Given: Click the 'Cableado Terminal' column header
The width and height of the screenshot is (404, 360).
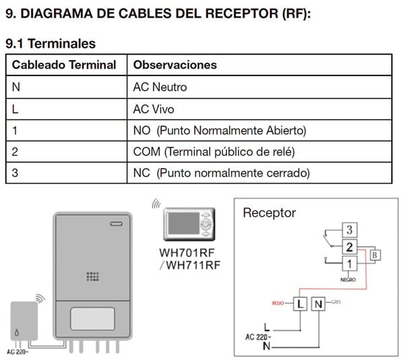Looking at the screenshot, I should (64, 65).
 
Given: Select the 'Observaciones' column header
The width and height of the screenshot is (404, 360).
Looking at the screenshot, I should (175, 65).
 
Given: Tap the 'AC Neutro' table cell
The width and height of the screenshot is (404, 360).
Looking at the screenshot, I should (160, 87).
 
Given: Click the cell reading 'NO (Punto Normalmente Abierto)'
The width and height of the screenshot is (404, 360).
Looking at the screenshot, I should (220, 130).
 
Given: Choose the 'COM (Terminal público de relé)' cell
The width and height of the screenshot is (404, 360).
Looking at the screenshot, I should (214, 151).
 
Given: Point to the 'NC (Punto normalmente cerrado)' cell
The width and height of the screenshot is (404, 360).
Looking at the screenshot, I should (221, 173).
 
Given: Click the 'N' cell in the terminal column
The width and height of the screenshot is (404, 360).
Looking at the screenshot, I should (15, 87).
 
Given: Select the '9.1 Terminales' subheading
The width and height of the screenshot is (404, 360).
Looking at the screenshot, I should (50, 43).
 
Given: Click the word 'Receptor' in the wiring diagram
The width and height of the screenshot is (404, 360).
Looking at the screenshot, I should (269, 213).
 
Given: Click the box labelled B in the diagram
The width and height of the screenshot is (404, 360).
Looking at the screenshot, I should (375, 254).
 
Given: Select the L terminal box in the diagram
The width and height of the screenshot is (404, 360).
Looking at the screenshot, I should (299, 304).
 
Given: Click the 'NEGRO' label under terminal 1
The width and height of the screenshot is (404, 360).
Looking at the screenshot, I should (348, 278).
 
